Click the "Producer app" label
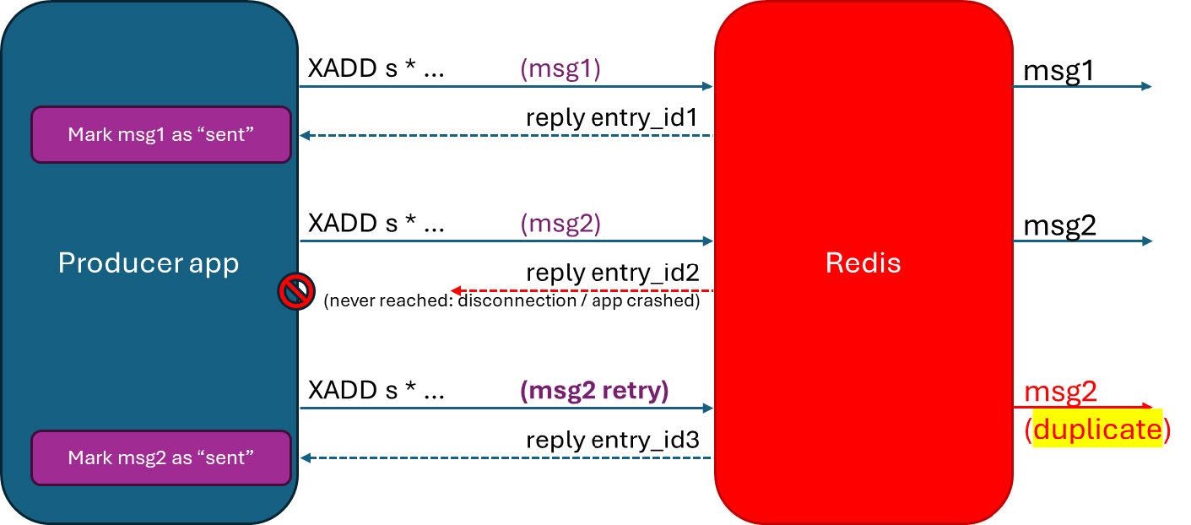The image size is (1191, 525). pos(149,263)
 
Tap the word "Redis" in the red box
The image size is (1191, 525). pos(863,262)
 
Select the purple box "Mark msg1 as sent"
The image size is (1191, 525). pos(160,134)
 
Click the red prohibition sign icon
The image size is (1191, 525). pos(296,291)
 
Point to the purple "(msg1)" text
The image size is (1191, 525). pos(560,69)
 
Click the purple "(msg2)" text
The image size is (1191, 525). pos(560,224)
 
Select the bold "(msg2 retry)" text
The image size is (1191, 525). pos(594,391)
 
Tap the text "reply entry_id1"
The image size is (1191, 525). pos(612,118)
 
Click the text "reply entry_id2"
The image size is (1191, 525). pos(612,273)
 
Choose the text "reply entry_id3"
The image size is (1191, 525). pos(612,440)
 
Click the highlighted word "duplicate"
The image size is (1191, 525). pos(1097,430)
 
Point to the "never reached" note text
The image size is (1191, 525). pos(512,301)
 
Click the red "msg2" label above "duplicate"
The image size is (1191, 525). pos(1059,392)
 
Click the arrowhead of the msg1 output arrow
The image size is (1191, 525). pos(1146,86)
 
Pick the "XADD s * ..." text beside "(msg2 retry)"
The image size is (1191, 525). pos(376,391)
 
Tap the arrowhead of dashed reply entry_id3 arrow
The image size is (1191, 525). pos(306,457)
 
